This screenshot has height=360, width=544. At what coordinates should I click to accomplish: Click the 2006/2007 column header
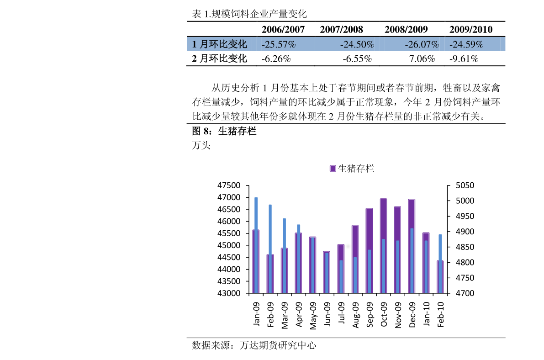pos(283,30)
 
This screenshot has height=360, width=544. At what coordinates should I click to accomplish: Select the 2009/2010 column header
pos(470,30)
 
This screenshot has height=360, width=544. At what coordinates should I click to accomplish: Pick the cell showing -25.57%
pos(279,44)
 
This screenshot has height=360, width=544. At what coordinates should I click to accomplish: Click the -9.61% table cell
pos(464,58)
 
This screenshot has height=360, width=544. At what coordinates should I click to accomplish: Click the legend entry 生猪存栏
pos(352,169)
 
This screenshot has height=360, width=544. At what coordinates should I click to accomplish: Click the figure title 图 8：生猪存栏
pos(224,132)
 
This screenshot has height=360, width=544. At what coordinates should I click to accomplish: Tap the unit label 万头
pos(201,146)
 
